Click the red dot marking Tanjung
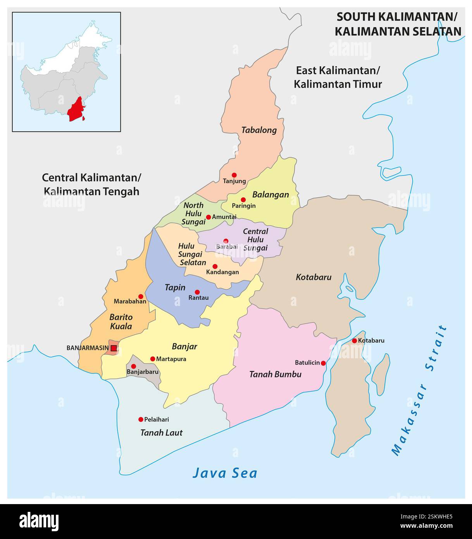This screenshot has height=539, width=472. pos(234,175)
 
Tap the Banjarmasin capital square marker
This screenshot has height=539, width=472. pos(114,348)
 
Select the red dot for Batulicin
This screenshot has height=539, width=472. pos(324,363)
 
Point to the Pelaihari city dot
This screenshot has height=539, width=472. pos(141,419)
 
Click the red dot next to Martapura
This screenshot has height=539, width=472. pos(153,359)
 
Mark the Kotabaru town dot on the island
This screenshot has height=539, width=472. pos(354,340)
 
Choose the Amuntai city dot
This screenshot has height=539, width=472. pos(208,217)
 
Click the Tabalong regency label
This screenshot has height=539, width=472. pos(259,130)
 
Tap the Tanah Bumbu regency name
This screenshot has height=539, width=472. pos(275,374)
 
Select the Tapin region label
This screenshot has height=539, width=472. pos(175,287)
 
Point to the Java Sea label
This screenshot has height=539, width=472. pos(225,473)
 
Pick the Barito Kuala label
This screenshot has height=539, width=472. pos(121,321)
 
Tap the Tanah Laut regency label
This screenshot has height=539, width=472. pos(161,432)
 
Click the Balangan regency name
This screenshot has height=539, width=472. pos(270,194)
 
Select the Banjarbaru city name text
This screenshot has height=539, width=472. pos(143,371)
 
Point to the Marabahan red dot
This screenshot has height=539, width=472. pos(141,296)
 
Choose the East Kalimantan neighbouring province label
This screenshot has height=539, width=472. pos(338,77)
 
